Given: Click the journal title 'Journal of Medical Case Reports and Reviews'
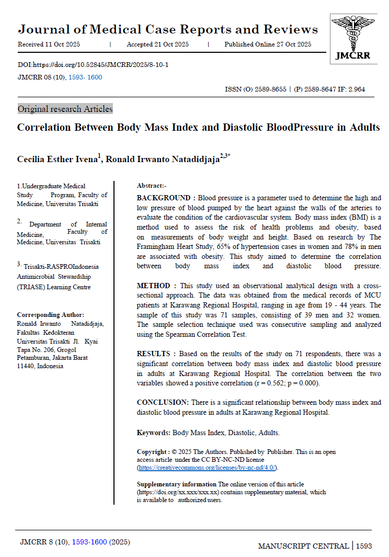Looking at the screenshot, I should (168, 29).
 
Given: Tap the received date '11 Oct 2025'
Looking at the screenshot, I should (63, 44).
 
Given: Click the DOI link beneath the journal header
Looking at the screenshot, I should (93, 65).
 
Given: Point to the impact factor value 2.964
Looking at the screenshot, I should (354, 89).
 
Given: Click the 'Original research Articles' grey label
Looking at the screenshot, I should (65, 109).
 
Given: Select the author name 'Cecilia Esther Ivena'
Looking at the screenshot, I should (58, 159).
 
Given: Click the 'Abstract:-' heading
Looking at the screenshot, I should (152, 186).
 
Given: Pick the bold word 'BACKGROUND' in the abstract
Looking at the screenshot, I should (164, 198).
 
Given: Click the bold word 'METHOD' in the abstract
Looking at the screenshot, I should (153, 286).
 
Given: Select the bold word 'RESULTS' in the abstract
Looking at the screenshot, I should (154, 354).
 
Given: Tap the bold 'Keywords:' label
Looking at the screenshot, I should (154, 433).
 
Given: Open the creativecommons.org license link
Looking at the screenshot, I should (207, 467).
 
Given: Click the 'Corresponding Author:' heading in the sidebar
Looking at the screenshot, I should (50, 315).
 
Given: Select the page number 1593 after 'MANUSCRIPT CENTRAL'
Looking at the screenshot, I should (364, 546).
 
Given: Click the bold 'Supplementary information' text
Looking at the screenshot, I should (176, 484).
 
